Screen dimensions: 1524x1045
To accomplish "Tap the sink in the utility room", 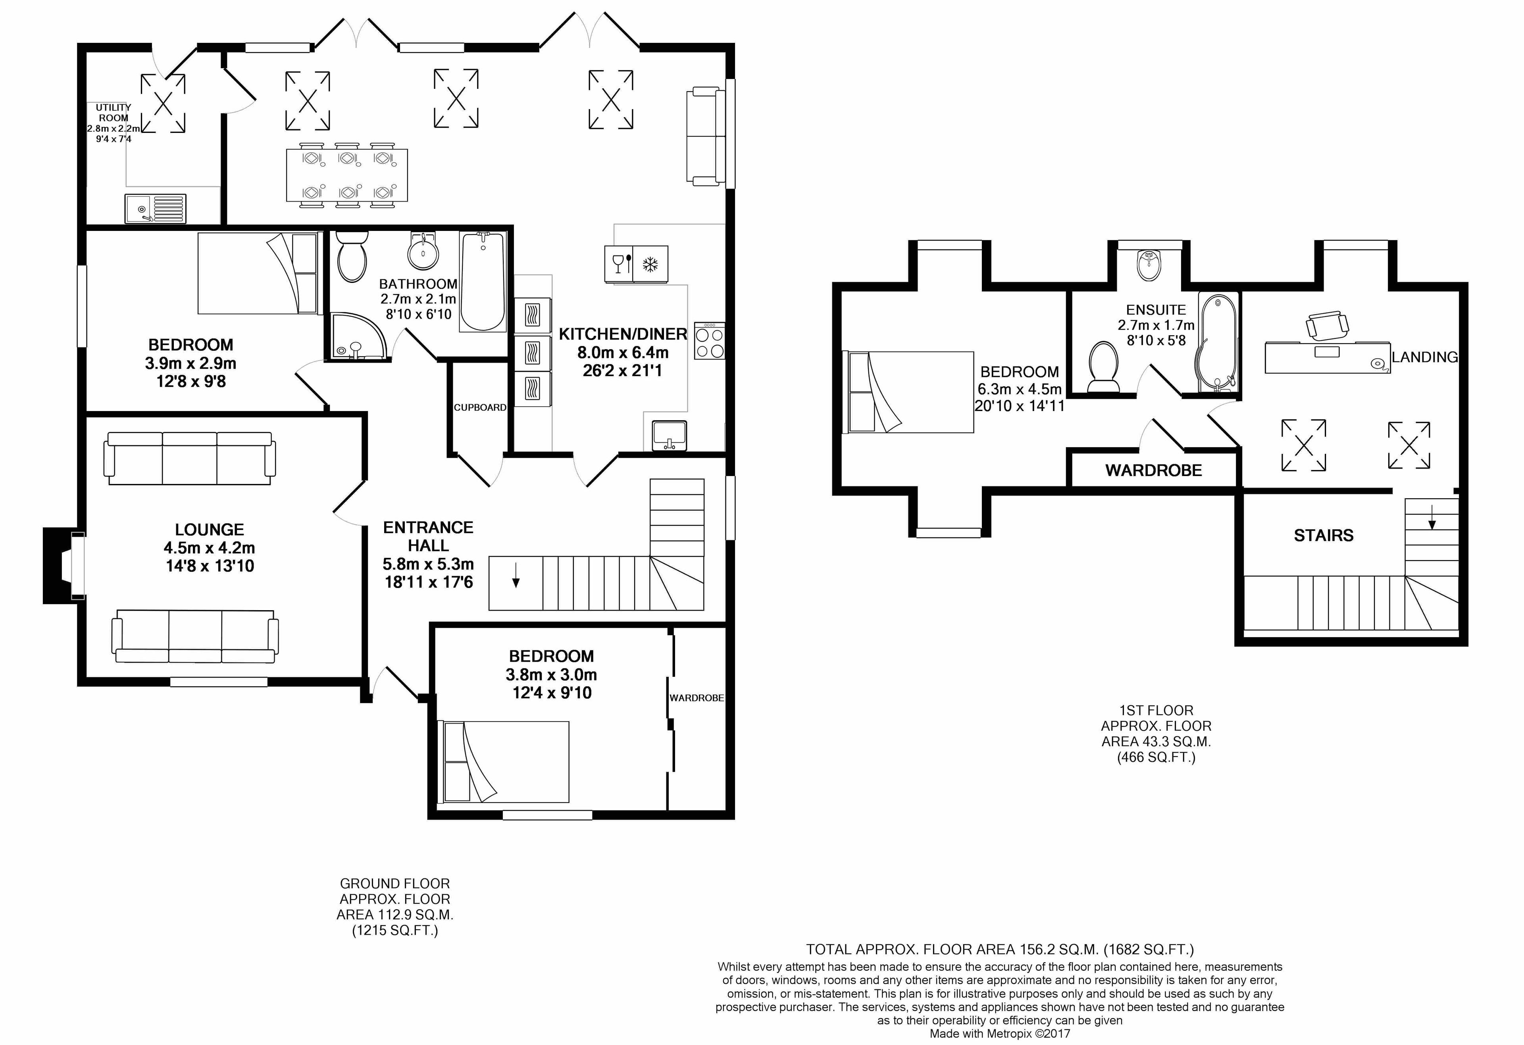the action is pyautogui.click(x=156, y=208).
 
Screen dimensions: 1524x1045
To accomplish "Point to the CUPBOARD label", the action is pyautogui.click(x=480, y=407).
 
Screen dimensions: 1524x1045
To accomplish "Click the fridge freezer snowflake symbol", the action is pyautogui.click(x=650, y=264).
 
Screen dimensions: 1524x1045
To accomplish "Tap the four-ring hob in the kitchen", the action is pyautogui.click(x=710, y=340).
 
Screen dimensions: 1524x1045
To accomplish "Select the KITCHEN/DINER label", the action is pyautogui.click(x=623, y=334).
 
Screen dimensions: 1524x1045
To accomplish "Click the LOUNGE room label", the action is pyautogui.click(x=209, y=529).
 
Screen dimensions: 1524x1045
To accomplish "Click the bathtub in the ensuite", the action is pyautogui.click(x=1218, y=342).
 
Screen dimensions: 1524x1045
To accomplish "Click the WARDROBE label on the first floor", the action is pyautogui.click(x=1153, y=470).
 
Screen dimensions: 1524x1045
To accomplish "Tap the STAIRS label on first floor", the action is pyautogui.click(x=1323, y=536).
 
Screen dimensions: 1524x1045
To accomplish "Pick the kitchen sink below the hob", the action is pyautogui.click(x=670, y=435).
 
